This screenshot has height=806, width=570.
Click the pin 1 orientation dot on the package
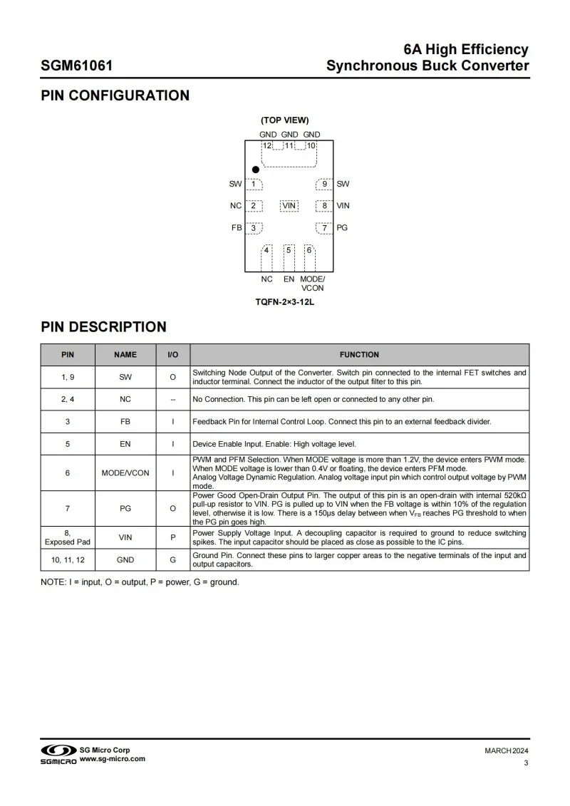[x=255, y=170]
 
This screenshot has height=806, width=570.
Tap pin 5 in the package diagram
[x=289, y=250]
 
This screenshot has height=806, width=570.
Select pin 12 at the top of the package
[x=267, y=145]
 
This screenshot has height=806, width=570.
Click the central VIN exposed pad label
[x=289, y=206]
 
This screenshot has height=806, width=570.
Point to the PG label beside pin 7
[x=342, y=228]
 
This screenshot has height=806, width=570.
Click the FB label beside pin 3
[x=237, y=228]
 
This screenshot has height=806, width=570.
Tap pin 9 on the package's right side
[x=325, y=185]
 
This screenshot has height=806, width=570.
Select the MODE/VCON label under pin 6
[x=312, y=284]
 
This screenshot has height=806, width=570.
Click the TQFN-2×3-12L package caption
[x=285, y=302]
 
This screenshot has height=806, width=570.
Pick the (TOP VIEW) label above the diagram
[x=284, y=120]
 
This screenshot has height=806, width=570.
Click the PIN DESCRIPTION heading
[x=103, y=327]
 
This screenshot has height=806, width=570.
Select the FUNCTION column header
[x=359, y=354]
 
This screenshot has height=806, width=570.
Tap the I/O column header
[x=172, y=354]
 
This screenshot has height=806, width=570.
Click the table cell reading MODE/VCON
[x=125, y=472]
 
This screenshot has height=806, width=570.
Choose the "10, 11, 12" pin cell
[x=68, y=560]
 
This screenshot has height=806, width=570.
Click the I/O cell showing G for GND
[x=172, y=560]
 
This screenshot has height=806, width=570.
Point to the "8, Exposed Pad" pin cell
[x=68, y=537]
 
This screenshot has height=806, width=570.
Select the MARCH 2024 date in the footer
[x=507, y=751]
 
